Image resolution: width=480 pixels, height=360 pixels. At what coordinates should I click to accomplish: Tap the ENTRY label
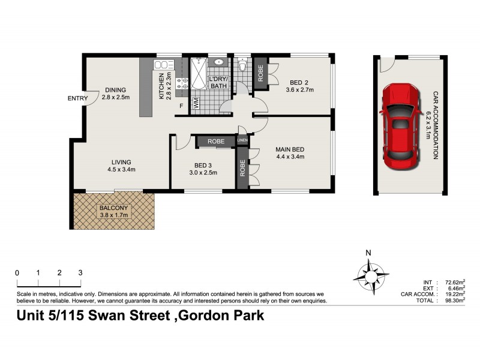click(x=77, y=99)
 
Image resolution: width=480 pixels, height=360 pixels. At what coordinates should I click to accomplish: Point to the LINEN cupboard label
click(x=242, y=141)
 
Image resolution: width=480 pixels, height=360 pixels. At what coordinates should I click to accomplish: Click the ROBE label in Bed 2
click(x=261, y=72)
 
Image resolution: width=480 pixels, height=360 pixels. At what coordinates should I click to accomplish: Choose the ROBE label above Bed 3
click(x=216, y=142)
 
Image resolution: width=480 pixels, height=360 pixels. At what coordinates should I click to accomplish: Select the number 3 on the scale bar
click(x=80, y=272)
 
